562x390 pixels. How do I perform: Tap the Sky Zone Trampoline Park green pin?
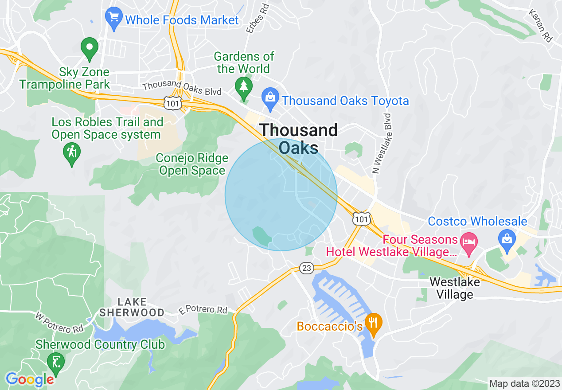[x=89, y=48]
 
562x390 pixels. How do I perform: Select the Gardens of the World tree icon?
[x=243, y=87]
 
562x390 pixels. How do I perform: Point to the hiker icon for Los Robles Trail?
[x=72, y=153]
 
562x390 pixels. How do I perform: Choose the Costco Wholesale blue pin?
[x=506, y=237]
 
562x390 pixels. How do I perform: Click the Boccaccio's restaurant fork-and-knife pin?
[x=374, y=324]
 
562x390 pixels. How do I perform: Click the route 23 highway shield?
[x=307, y=268]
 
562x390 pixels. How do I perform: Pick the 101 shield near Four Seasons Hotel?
[x=361, y=218]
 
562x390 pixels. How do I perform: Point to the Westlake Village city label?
[x=454, y=288]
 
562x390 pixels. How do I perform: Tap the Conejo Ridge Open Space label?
[x=192, y=164]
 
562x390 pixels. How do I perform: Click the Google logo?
[x=30, y=379]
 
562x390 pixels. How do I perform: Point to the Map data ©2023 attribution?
[x=524, y=383]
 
